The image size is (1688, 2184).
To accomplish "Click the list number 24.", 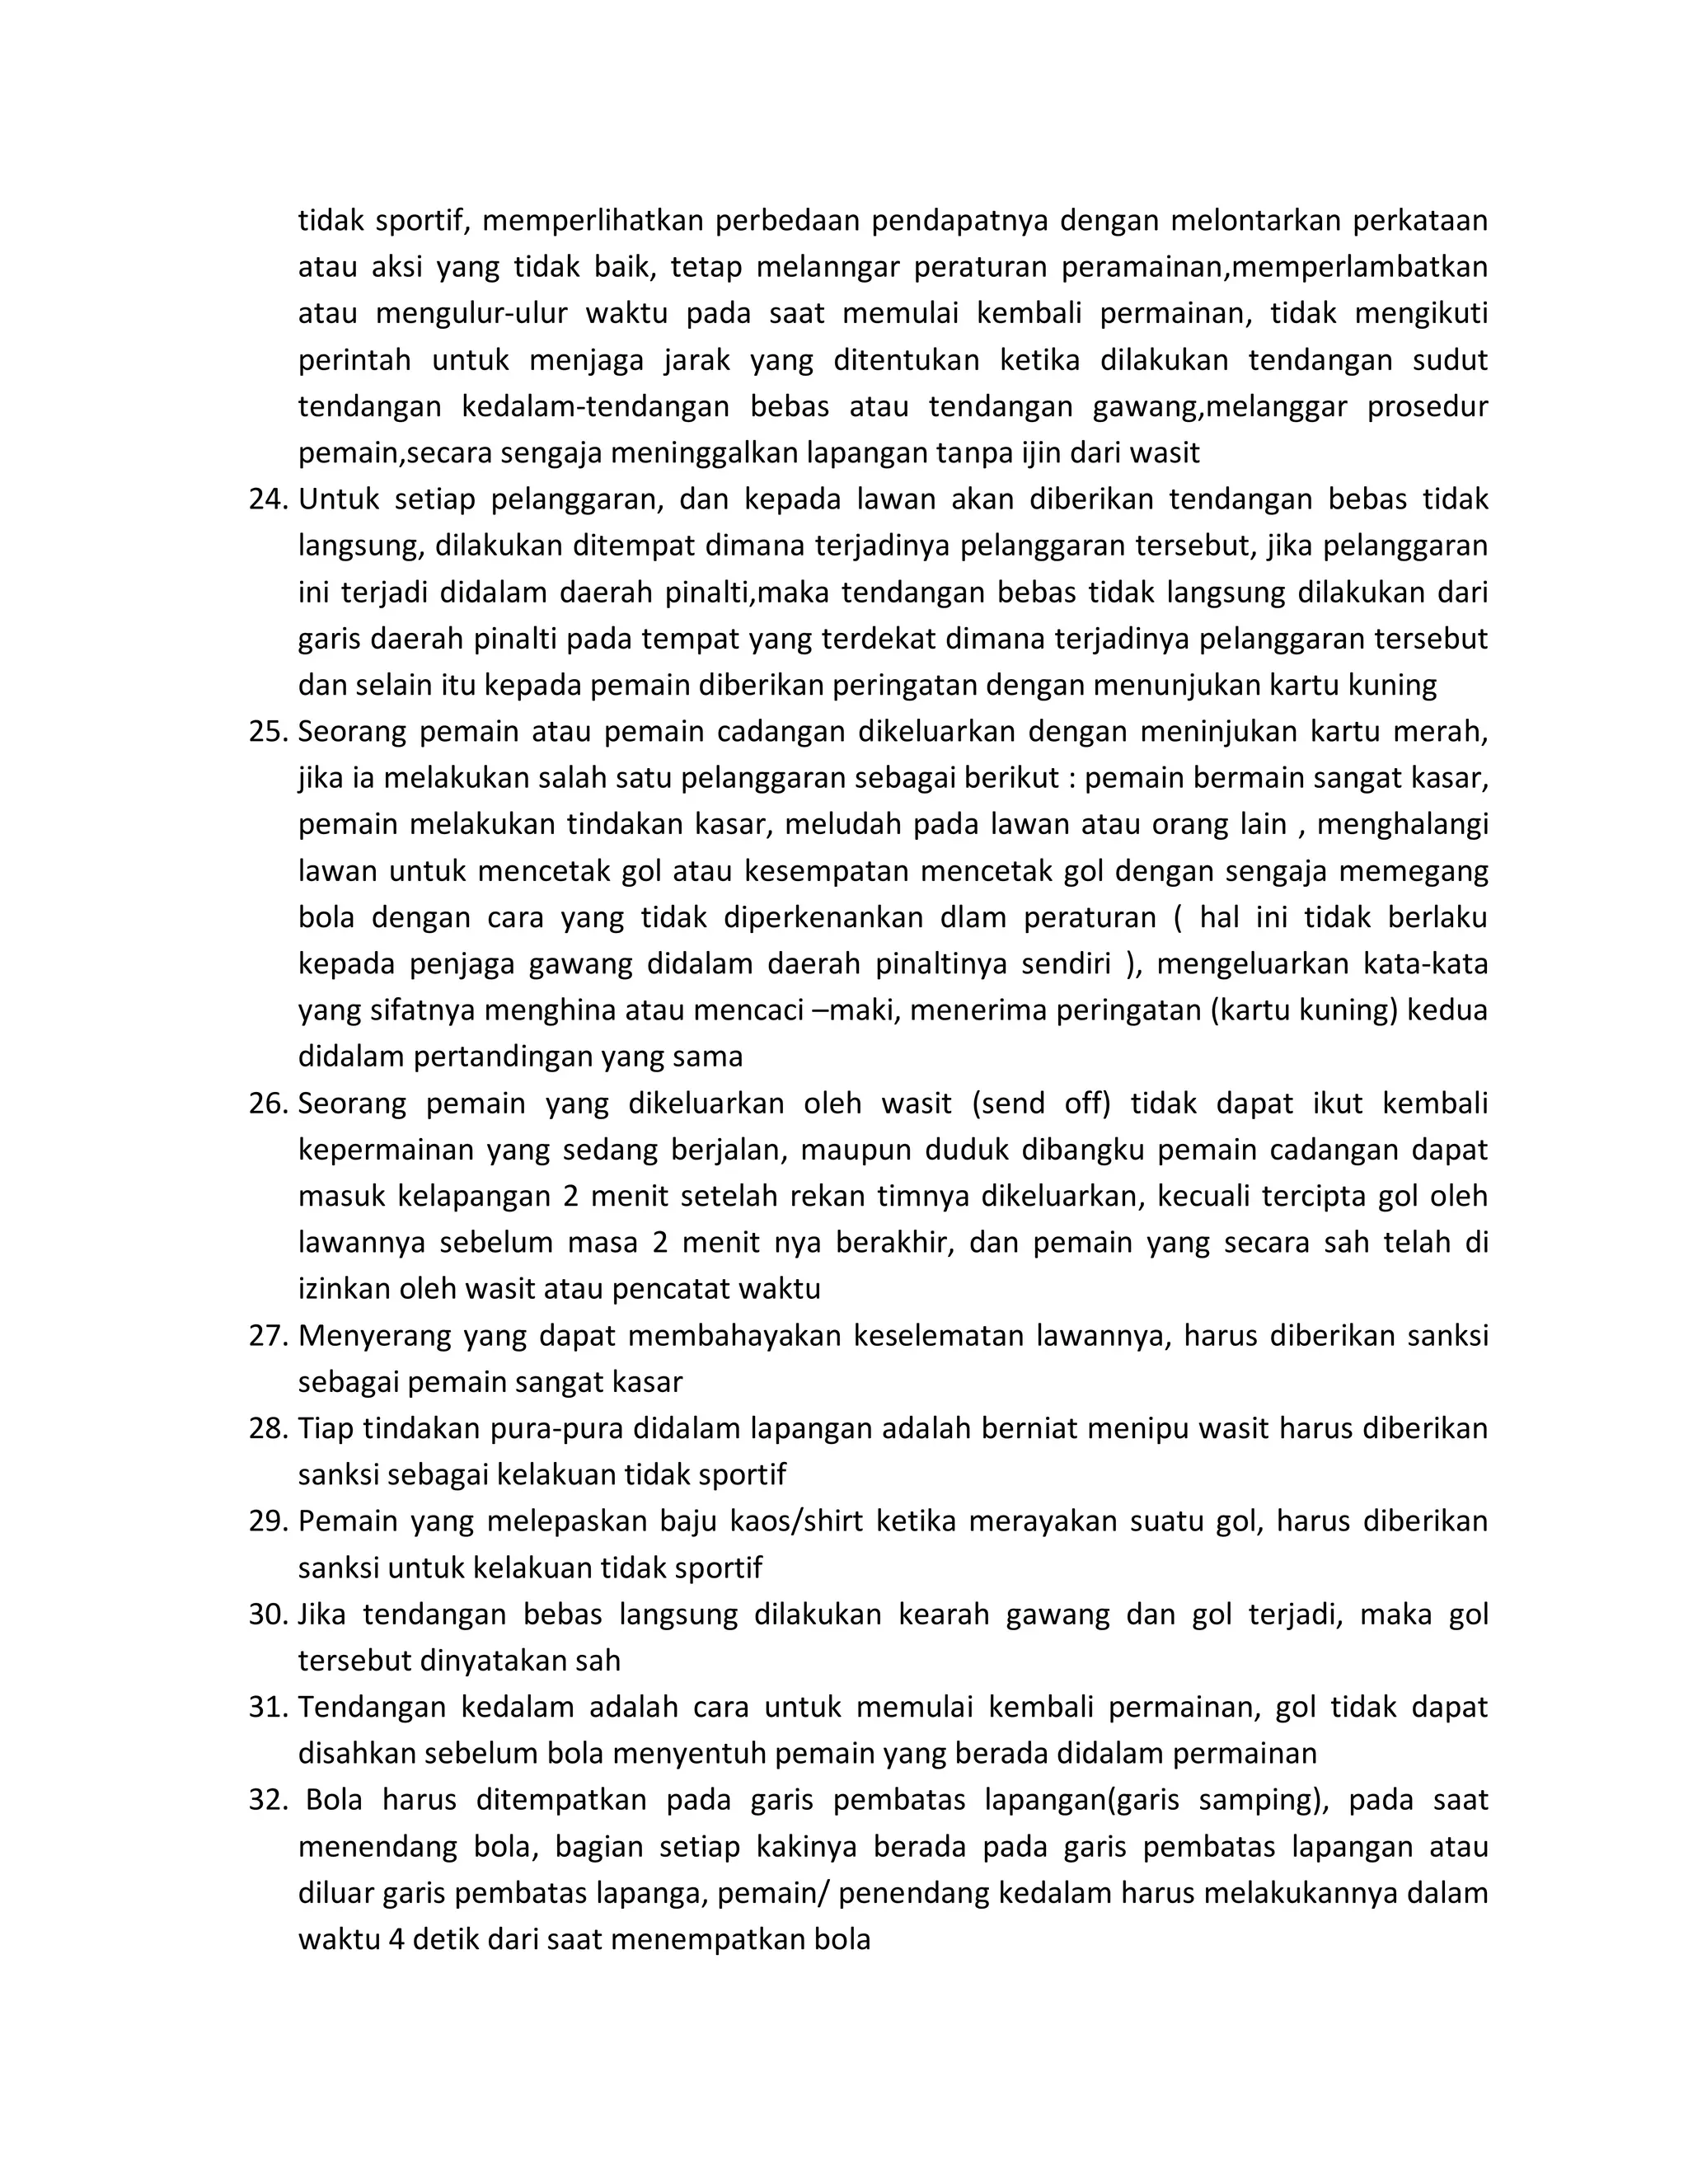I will pyautogui.click(x=267, y=499).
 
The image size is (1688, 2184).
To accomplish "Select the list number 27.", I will pyautogui.click(x=267, y=1335).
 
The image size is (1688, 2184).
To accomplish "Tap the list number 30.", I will pyautogui.click(x=267, y=1614).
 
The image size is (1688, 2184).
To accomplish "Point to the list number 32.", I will pyautogui.click(x=267, y=1800).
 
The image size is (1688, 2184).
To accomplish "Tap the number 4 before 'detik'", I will pyautogui.click(x=396, y=1939).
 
